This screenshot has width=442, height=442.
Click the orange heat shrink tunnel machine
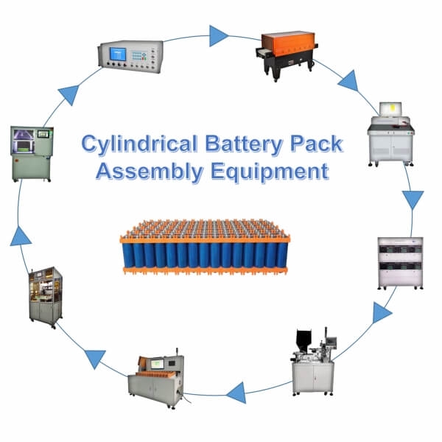click(287, 47)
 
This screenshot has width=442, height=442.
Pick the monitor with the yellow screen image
click(391, 110)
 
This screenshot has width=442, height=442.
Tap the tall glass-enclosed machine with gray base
click(46, 294)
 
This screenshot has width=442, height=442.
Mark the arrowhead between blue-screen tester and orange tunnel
click(218, 35)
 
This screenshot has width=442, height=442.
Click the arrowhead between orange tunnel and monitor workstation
click(348, 80)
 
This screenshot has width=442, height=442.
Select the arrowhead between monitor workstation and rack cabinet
click(413, 200)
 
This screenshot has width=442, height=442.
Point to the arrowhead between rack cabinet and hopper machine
click(381, 312)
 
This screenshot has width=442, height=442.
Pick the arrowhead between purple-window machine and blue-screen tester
click(69, 94)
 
